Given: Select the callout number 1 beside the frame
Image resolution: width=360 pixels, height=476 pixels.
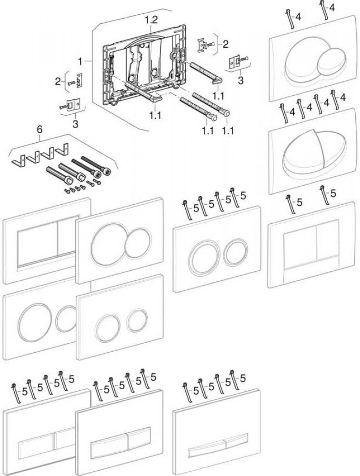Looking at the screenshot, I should [81, 61].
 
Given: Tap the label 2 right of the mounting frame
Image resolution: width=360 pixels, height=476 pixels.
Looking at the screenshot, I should [225, 44].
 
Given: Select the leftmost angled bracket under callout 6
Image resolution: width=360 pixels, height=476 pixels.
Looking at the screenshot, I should [20, 157].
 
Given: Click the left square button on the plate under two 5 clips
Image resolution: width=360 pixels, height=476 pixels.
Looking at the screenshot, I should [299, 251].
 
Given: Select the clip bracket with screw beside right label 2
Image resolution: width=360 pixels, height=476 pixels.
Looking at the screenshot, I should [204, 45].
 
